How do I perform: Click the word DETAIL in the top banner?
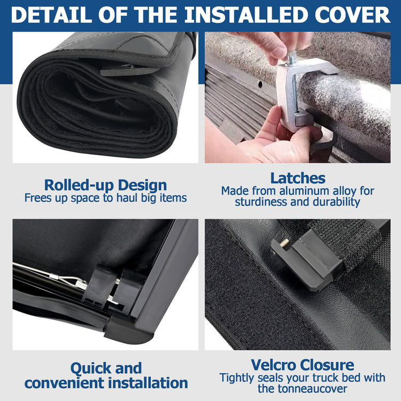click(51, 15)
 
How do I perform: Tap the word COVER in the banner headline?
click(352, 15)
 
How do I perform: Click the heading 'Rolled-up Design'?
click(105, 185)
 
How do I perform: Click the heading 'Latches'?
click(298, 178)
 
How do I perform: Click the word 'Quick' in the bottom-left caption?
click(88, 368)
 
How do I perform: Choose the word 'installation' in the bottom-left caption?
click(148, 383)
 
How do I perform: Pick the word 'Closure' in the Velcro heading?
click(327, 365)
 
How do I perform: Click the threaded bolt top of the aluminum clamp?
click(292, 59)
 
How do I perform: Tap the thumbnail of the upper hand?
click(279, 52)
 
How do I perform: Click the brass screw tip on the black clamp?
click(284, 242)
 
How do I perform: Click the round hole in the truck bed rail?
click(260, 84)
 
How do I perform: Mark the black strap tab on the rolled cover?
click(128, 71)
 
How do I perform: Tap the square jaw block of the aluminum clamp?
click(304, 118)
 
